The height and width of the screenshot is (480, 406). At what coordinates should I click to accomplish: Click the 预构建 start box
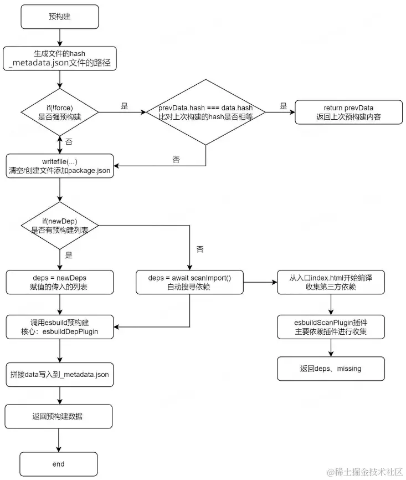[60, 17]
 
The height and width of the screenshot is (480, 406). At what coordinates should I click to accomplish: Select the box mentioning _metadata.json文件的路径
[60, 58]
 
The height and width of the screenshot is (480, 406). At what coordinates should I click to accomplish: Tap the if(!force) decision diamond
[60, 112]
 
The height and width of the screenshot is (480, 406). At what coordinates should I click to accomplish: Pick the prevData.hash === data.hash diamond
[205, 112]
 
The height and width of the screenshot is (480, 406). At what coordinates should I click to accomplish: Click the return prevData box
[348, 112]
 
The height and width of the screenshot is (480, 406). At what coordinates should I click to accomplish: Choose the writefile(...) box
[60, 166]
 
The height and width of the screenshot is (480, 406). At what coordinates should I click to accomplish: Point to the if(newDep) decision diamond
[60, 226]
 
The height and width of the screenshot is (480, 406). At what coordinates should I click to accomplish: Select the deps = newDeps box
[60, 282]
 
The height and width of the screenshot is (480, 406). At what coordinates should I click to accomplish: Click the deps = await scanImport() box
[189, 282]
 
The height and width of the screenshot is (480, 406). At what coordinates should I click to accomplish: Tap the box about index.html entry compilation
[331, 282]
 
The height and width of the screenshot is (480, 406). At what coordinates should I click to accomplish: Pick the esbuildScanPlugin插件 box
[331, 327]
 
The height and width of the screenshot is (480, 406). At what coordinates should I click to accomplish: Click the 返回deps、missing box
[331, 369]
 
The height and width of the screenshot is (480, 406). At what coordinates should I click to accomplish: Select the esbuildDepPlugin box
[60, 327]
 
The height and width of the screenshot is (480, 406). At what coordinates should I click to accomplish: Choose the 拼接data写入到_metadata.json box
[60, 375]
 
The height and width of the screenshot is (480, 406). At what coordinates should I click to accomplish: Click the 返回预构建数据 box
[59, 416]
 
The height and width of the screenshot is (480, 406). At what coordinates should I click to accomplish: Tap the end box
[59, 464]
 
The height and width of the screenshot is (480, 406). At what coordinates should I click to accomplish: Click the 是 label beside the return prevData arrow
[283, 106]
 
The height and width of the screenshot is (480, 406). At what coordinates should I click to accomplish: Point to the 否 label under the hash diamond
[176, 160]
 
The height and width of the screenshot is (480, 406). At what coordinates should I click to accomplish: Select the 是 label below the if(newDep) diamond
[69, 255]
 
